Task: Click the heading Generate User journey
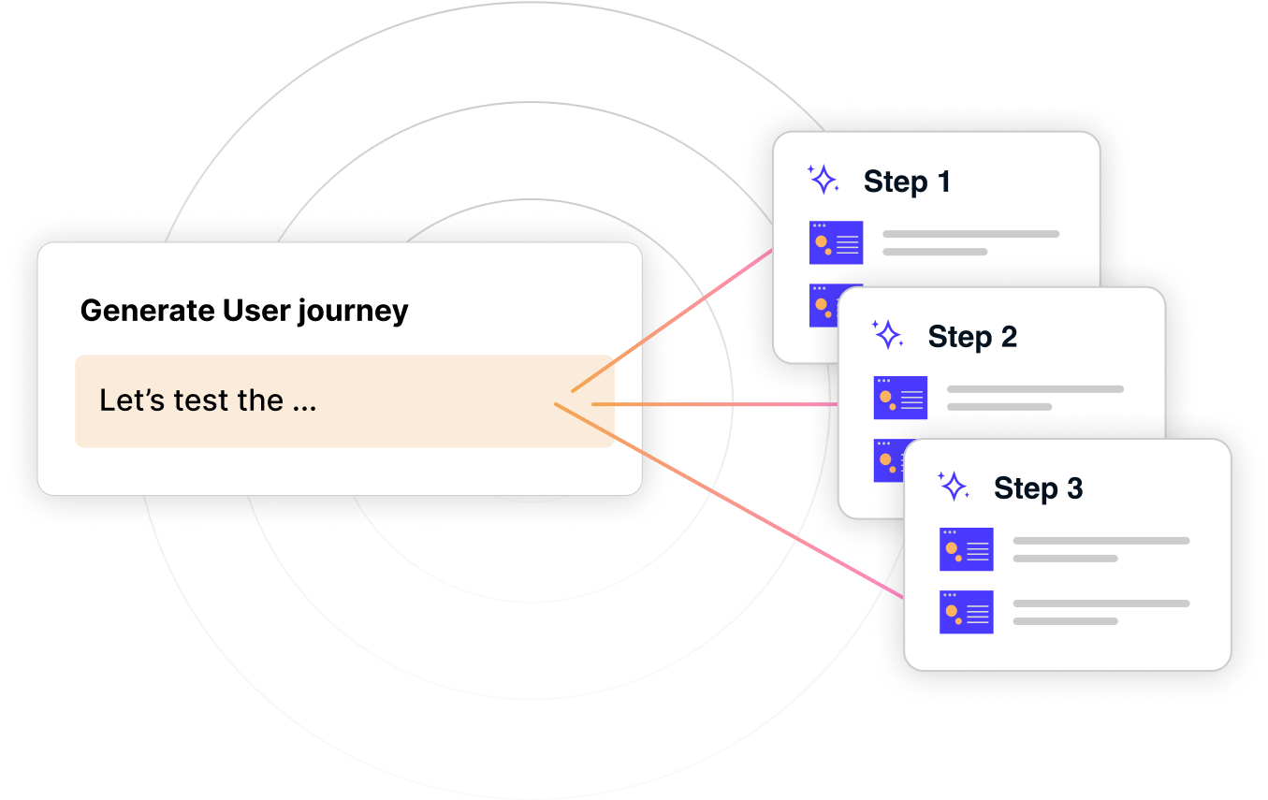pyautogui.click(x=244, y=311)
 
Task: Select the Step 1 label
pyautogui.click(x=907, y=182)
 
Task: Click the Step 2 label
pyautogui.click(x=972, y=337)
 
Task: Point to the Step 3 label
pyautogui.click(x=1038, y=488)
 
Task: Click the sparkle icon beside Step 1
pyautogui.click(x=823, y=180)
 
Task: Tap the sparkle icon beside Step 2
pyautogui.click(x=887, y=334)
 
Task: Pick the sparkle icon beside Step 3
pyautogui.click(x=953, y=486)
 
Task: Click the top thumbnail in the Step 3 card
pyautogui.click(x=966, y=549)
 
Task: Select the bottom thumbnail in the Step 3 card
pyautogui.click(x=966, y=612)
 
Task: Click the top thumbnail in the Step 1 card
pyautogui.click(x=836, y=243)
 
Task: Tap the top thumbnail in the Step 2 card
pyautogui.click(x=900, y=398)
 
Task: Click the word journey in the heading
pyautogui.click(x=354, y=312)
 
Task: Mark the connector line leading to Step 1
pyautogui.click(x=674, y=319)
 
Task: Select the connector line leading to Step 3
pyautogui.click(x=730, y=502)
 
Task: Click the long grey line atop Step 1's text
pyautogui.click(x=970, y=234)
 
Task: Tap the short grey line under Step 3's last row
pyautogui.click(x=1065, y=621)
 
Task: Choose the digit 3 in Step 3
pyautogui.click(x=1074, y=488)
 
